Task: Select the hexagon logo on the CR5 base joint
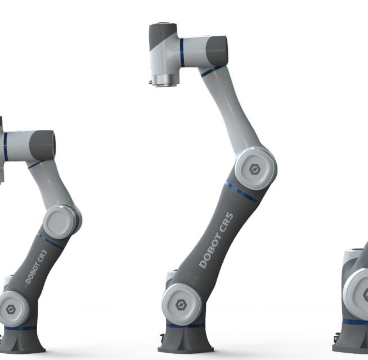(x=181, y=304)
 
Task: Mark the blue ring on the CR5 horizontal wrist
(x=182, y=52)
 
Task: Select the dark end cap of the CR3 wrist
(x=42, y=146)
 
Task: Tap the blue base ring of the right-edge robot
(x=354, y=322)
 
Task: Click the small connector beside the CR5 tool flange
(x=151, y=82)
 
